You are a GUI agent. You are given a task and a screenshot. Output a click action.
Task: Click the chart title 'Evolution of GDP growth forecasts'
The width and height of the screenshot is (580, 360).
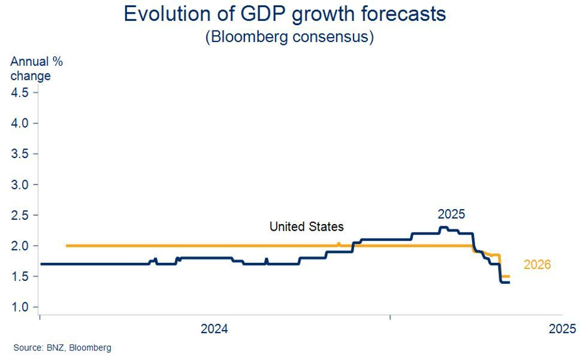285,14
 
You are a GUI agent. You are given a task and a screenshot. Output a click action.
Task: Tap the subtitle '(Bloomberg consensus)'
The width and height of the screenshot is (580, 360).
289,37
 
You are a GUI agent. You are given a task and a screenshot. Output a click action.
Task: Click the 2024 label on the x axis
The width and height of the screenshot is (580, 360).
214,328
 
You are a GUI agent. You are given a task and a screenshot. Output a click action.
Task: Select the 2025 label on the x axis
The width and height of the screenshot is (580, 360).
562,328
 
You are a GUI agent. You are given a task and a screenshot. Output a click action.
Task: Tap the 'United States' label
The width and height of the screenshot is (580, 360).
306,226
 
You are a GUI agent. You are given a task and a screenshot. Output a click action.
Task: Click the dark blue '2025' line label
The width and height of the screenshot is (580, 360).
451,214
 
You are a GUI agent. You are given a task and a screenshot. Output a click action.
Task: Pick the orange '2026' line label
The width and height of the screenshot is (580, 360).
537,264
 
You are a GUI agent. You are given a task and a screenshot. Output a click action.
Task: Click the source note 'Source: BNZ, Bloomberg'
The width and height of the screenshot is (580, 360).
62,347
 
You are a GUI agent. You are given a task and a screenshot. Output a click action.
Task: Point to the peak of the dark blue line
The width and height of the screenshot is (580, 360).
443,227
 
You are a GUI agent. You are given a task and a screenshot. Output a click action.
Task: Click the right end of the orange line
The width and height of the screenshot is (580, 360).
509,276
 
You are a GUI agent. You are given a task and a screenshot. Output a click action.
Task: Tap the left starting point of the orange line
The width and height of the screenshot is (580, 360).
67,246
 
